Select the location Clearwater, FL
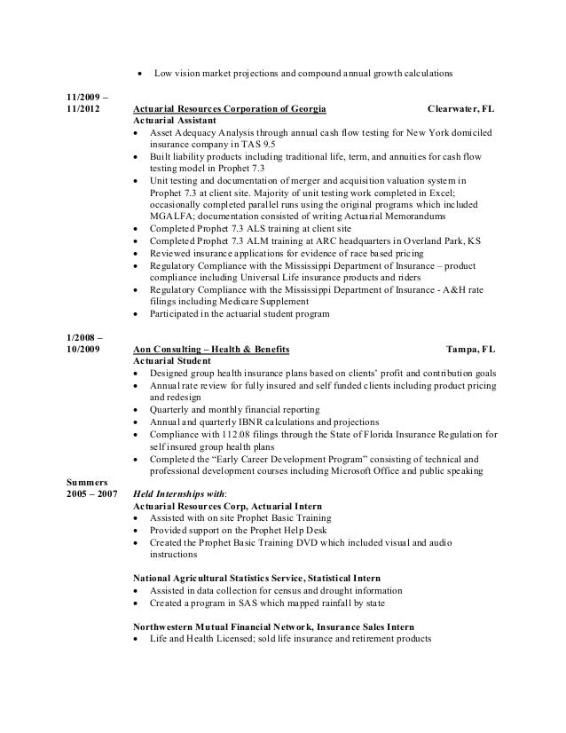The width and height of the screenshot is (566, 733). click(x=461, y=109)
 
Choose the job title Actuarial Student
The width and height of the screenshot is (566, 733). click(x=167, y=362)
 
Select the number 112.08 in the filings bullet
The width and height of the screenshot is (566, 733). click(x=226, y=434)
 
